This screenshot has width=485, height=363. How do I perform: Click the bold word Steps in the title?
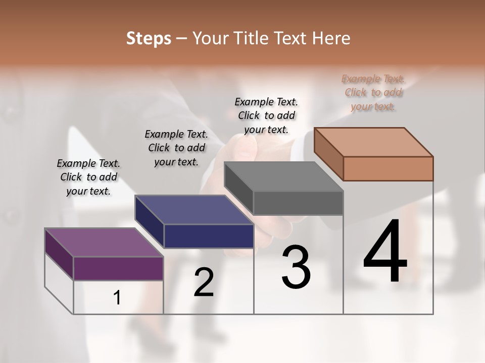149,38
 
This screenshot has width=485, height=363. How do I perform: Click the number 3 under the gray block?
296,267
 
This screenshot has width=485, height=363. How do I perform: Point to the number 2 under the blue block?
204,283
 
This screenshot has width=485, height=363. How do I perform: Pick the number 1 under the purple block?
117,298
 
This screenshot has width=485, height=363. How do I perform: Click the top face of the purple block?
104,242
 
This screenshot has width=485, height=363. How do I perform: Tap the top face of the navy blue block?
194,209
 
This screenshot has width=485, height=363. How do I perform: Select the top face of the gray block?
284,176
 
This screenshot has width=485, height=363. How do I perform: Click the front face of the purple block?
118,268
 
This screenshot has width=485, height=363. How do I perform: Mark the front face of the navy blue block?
209,236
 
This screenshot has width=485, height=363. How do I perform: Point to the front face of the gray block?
298,203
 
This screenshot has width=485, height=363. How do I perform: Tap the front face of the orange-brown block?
388,168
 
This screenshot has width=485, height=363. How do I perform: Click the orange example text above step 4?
373,92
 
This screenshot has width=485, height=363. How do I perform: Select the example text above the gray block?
266,115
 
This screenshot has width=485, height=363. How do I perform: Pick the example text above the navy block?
176,148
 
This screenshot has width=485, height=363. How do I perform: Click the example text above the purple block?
88,177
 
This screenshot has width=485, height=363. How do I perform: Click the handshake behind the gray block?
248,146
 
